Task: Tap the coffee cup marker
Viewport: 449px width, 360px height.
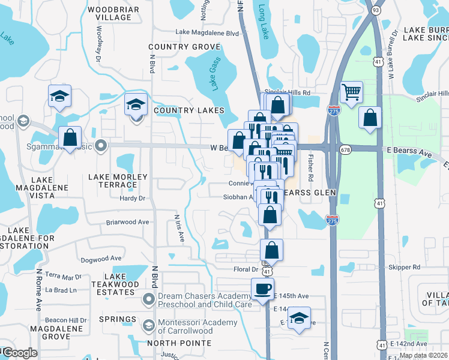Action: tap(262, 289)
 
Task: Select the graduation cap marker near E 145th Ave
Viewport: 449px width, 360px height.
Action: tap(299, 318)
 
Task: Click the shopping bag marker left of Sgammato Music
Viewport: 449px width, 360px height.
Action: tap(70, 137)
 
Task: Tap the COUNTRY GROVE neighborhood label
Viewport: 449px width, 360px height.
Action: tap(184, 47)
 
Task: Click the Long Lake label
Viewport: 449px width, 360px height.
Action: tap(262, 23)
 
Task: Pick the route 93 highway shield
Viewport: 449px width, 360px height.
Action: tap(375, 10)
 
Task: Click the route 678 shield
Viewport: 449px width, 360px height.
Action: tap(345, 149)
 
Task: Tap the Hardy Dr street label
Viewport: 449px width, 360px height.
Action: tap(133, 197)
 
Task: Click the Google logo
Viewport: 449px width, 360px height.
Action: tap(19, 353)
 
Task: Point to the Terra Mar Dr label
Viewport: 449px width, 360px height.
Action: tap(64, 277)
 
